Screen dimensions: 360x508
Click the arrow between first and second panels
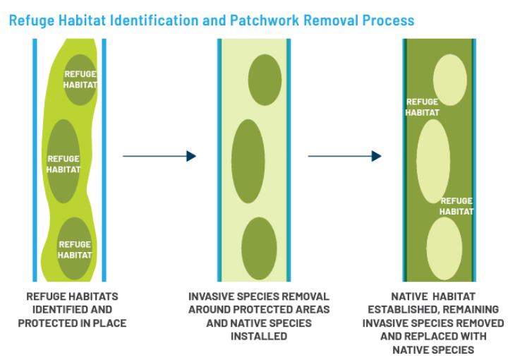pyautogui.click(x=159, y=156)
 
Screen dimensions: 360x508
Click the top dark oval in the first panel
pyautogui.click(x=80, y=80)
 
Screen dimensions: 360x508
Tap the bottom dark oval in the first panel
pyautogui.click(x=74, y=247)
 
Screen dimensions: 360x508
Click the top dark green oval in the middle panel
pyautogui.click(x=265, y=79)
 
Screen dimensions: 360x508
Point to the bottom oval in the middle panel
pyautogui.click(x=259, y=248)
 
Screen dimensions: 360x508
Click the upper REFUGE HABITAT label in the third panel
pyautogui.click(x=422, y=107)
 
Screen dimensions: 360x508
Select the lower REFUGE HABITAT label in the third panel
pyautogui.click(x=456, y=206)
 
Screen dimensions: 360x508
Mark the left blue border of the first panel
pyautogui.click(x=35, y=159)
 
